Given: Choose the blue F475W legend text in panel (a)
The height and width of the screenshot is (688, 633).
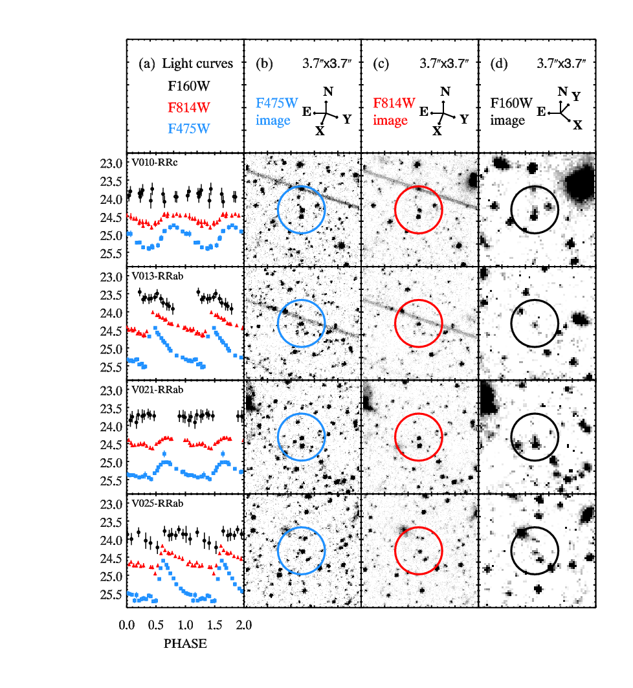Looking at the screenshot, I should tap(189, 128).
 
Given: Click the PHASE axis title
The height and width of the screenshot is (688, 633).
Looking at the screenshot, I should tap(185, 644).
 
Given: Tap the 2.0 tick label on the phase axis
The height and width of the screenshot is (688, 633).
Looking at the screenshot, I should tap(243, 626).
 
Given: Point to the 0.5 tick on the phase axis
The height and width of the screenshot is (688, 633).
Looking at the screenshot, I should tap(155, 626).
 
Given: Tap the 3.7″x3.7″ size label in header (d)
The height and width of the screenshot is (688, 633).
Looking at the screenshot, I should tap(561, 63).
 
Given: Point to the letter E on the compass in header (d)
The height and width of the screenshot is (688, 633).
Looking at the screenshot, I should tap(541, 112).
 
